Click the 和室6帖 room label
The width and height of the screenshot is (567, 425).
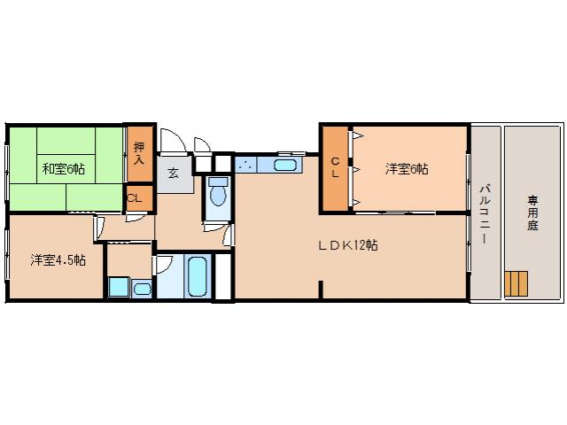pos(62,168)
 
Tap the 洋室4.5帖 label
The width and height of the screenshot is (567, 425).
pos(58,259)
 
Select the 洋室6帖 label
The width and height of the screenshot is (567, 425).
pos(407,168)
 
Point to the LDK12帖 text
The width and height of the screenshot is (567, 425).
pos(348,245)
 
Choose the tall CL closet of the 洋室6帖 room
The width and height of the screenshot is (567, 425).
pos(335,168)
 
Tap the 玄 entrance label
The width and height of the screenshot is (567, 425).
pos(174,174)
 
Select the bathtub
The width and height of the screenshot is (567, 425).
pos(198,278)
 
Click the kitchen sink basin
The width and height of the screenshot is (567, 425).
pos(285,164)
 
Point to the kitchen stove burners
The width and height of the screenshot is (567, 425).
pos(246,164)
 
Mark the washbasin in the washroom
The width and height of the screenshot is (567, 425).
pos(142,287)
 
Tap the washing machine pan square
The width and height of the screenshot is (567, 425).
pos(118,287)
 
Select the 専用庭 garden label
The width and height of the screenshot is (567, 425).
pos(533,212)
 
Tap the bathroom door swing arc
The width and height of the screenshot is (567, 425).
pos(165,265)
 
